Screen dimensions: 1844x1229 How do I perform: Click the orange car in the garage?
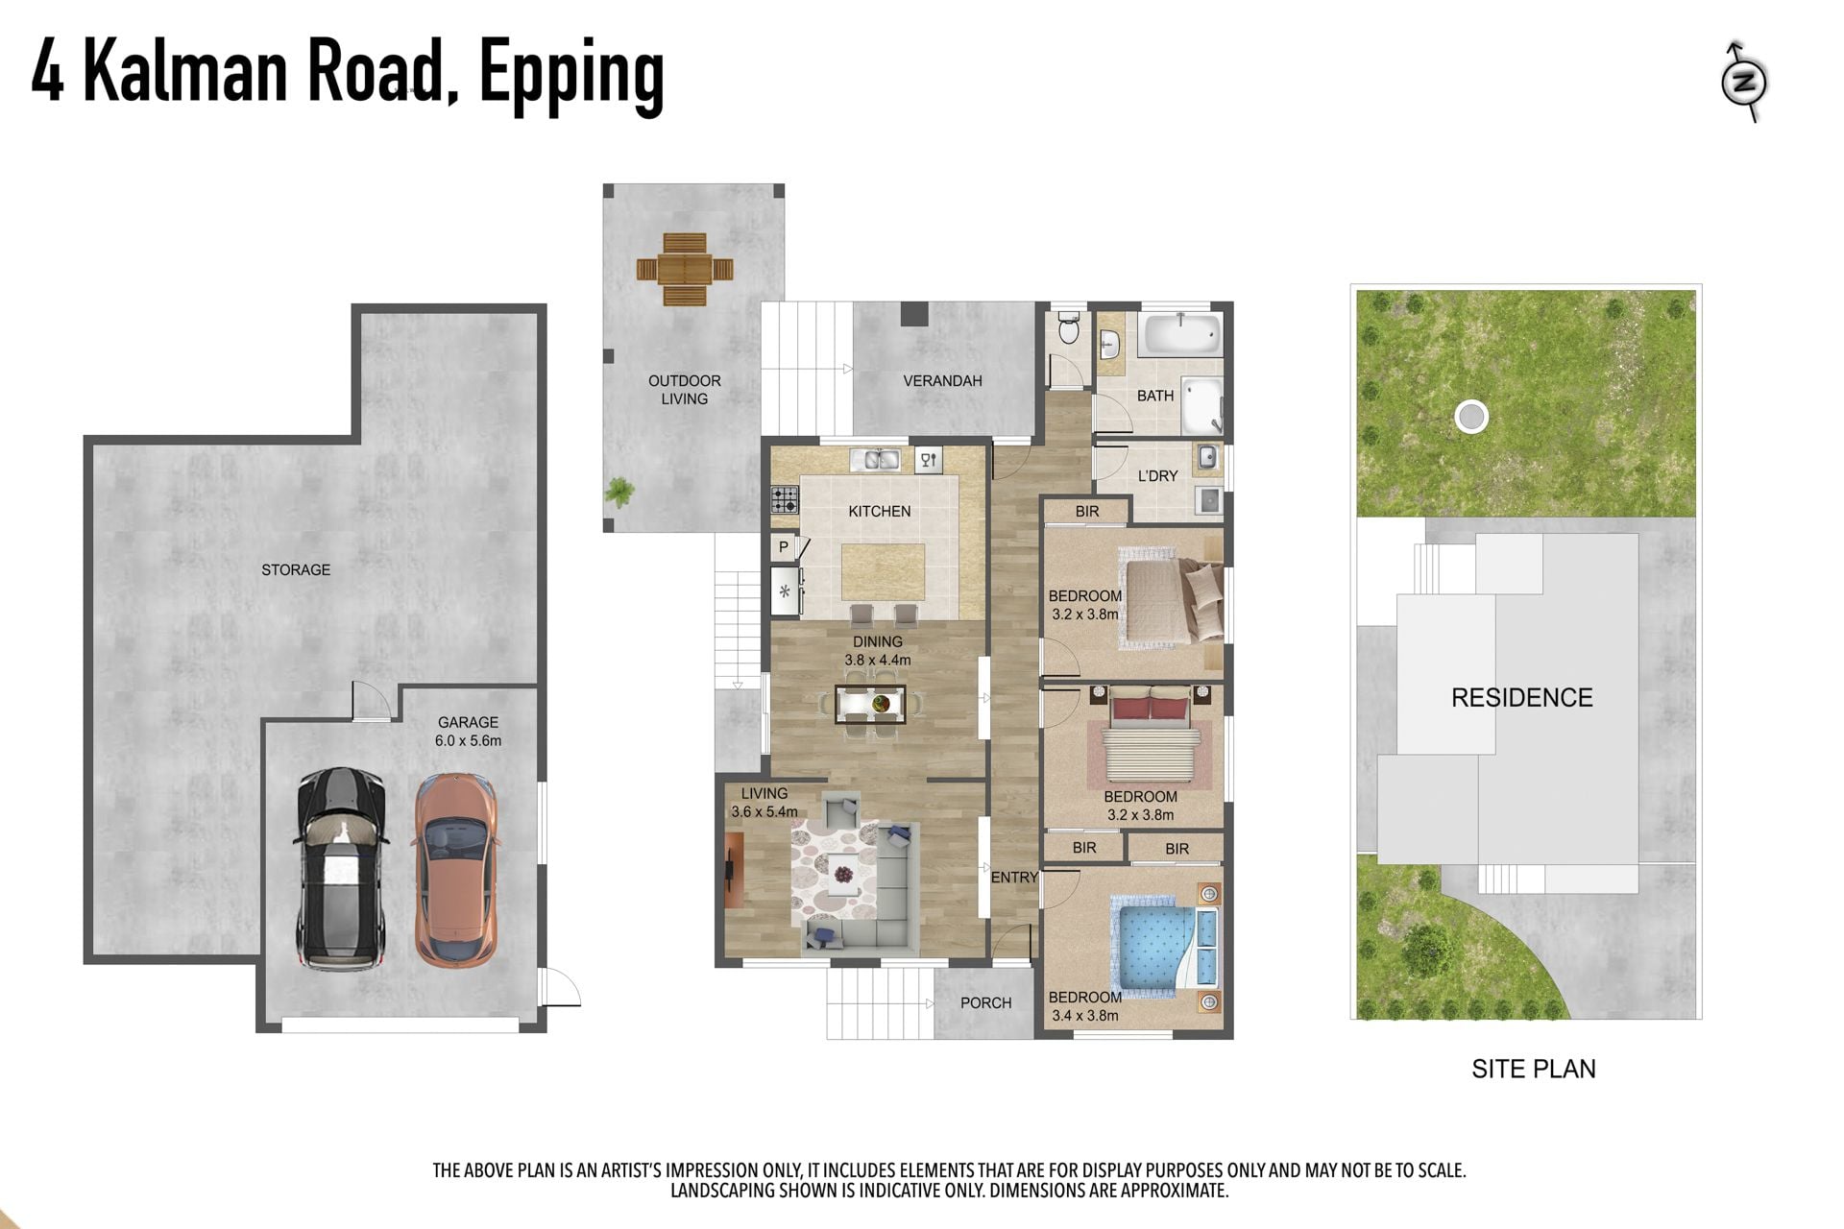pyautogui.click(x=456, y=870)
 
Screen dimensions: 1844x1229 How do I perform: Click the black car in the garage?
pyautogui.click(x=342, y=868)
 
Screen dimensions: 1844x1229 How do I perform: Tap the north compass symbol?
pyautogui.click(x=1744, y=82)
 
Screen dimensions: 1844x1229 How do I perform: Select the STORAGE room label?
pyautogui.click(x=296, y=569)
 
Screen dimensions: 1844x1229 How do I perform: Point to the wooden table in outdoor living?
pyautogui.click(x=685, y=269)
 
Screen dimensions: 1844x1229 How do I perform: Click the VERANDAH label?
pyautogui.click(x=942, y=381)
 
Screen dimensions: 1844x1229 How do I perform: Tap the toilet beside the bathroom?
pyautogui.click(x=1068, y=328)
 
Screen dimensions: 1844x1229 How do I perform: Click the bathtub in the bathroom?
pyautogui.click(x=1181, y=335)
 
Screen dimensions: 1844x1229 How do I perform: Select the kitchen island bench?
pyautogui.click(x=884, y=573)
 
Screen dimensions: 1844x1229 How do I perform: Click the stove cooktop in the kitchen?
pyautogui.click(x=785, y=499)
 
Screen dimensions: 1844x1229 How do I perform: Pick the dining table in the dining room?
pyautogui.click(x=870, y=704)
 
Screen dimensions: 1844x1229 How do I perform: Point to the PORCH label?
pyautogui.click(x=985, y=1003)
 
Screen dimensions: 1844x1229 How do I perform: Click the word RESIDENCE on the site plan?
pyautogui.click(x=1521, y=698)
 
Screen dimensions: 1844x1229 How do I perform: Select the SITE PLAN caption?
pyautogui.click(x=1534, y=1070)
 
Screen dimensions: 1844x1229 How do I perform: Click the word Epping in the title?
pyautogui.click(x=571, y=75)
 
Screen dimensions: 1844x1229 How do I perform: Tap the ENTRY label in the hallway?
pyautogui.click(x=1014, y=878)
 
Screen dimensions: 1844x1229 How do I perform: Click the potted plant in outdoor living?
pyautogui.click(x=620, y=493)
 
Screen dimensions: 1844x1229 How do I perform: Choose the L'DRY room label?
pyautogui.click(x=1157, y=476)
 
